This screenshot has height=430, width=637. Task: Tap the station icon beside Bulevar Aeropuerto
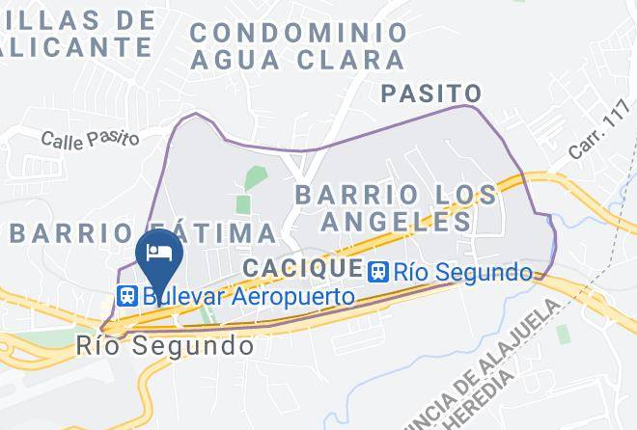126,296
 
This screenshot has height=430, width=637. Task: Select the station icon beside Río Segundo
378,272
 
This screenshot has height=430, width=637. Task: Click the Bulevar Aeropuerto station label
248,296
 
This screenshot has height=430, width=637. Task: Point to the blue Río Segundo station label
464,273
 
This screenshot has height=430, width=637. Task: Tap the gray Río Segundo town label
165,344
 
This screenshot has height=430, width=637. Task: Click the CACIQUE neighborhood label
302,267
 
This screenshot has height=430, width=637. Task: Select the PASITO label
431,94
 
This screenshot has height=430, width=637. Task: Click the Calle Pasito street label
90,138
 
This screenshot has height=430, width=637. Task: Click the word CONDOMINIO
298,32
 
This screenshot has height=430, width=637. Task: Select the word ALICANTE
77,45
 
